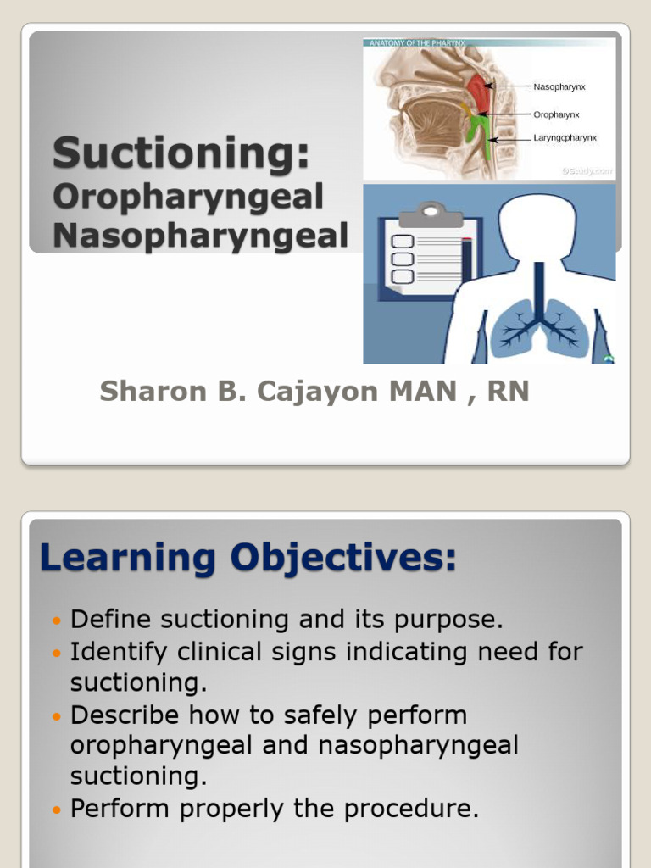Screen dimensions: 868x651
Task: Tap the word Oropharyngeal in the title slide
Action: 188,198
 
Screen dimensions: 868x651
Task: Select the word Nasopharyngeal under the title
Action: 201,235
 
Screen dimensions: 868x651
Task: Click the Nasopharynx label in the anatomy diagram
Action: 559,86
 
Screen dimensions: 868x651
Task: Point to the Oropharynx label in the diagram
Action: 556,114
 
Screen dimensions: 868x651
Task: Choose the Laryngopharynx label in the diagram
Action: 565,138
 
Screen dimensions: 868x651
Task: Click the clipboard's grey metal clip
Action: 431,209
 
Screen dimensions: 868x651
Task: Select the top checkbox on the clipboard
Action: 402,242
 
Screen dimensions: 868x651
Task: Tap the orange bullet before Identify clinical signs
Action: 58,654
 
